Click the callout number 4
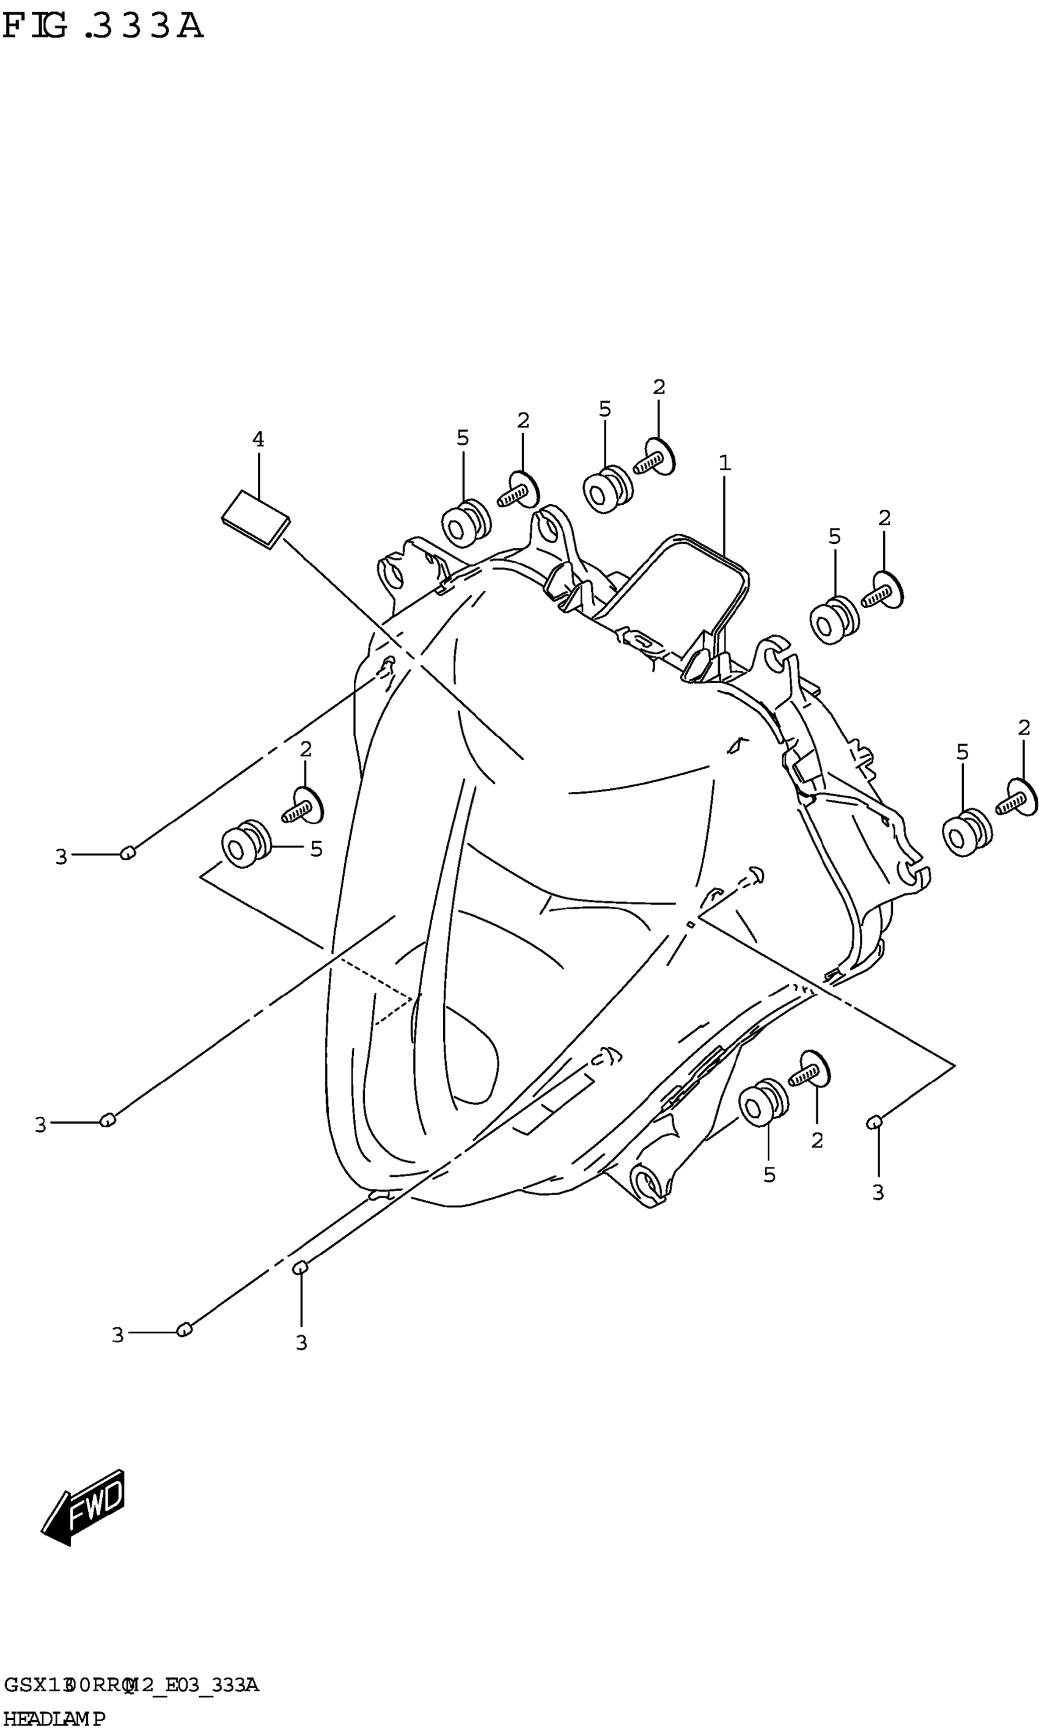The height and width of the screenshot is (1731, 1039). click(259, 439)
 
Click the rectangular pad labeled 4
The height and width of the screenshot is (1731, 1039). click(255, 519)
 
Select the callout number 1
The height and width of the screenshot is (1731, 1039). click(725, 463)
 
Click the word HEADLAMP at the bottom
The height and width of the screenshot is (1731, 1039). click(54, 1713)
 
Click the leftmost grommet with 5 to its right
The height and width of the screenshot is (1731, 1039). click(245, 844)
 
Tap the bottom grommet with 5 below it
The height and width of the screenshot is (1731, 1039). click(763, 1105)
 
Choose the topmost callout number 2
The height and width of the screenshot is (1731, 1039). click(659, 387)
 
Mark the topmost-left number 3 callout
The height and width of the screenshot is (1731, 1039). click(61, 857)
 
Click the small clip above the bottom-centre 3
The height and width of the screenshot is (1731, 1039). click(300, 1267)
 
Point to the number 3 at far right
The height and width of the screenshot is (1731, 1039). click(878, 1193)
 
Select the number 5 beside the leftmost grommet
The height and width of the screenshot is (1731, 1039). click(317, 849)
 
